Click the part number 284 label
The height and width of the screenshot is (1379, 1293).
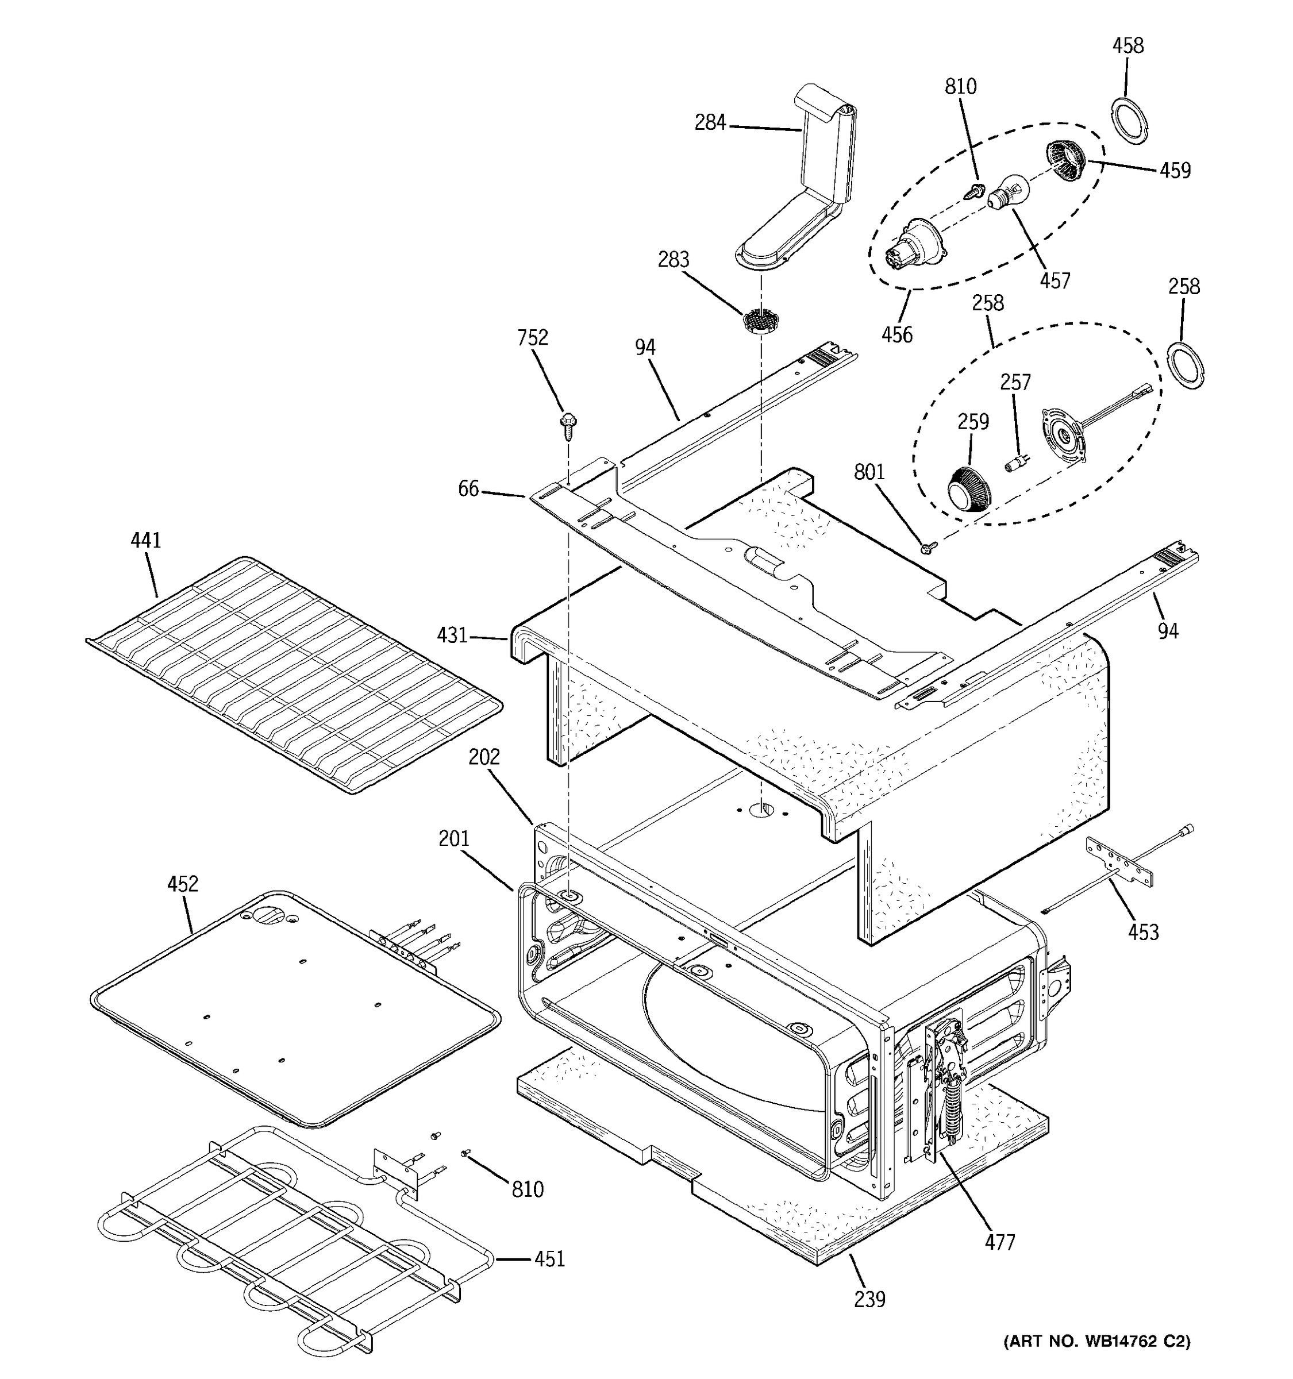tap(710, 123)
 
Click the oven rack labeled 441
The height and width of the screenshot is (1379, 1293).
tap(295, 673)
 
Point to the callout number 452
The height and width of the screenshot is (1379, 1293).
tap(182, 884)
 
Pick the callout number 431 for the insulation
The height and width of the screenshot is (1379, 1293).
tap(452, 635)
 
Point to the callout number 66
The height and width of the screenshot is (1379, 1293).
tap(468, 489)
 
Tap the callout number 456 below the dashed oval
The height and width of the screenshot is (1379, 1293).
tap(897, 334)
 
